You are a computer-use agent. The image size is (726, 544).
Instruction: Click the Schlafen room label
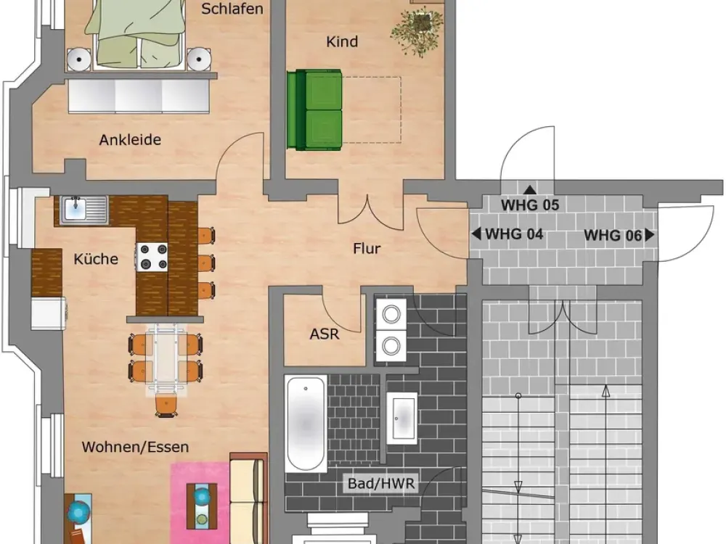coord(232,9)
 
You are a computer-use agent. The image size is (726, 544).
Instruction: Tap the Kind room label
coord(342,41)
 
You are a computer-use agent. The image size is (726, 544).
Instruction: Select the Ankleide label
coord(130,140)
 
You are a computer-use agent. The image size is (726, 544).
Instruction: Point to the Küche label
coord(96,259)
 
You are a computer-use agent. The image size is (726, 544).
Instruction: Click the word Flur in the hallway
coord(367,248)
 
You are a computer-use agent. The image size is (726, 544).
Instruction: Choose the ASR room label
coord(325,334)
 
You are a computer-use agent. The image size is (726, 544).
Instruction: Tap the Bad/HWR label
coord(382,484)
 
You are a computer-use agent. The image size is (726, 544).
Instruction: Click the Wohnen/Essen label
coord(135,447)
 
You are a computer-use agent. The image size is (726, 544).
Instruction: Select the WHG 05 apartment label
coord(530,205)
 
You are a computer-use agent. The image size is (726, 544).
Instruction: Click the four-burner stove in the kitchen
coord(152,257)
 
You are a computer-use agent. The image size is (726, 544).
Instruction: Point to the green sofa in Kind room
coord(314,110)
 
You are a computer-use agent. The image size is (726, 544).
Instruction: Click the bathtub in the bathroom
coord(306,424)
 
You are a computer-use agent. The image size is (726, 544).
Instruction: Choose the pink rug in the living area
coord(200,503)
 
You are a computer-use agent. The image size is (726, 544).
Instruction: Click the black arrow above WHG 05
coord(530,189)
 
